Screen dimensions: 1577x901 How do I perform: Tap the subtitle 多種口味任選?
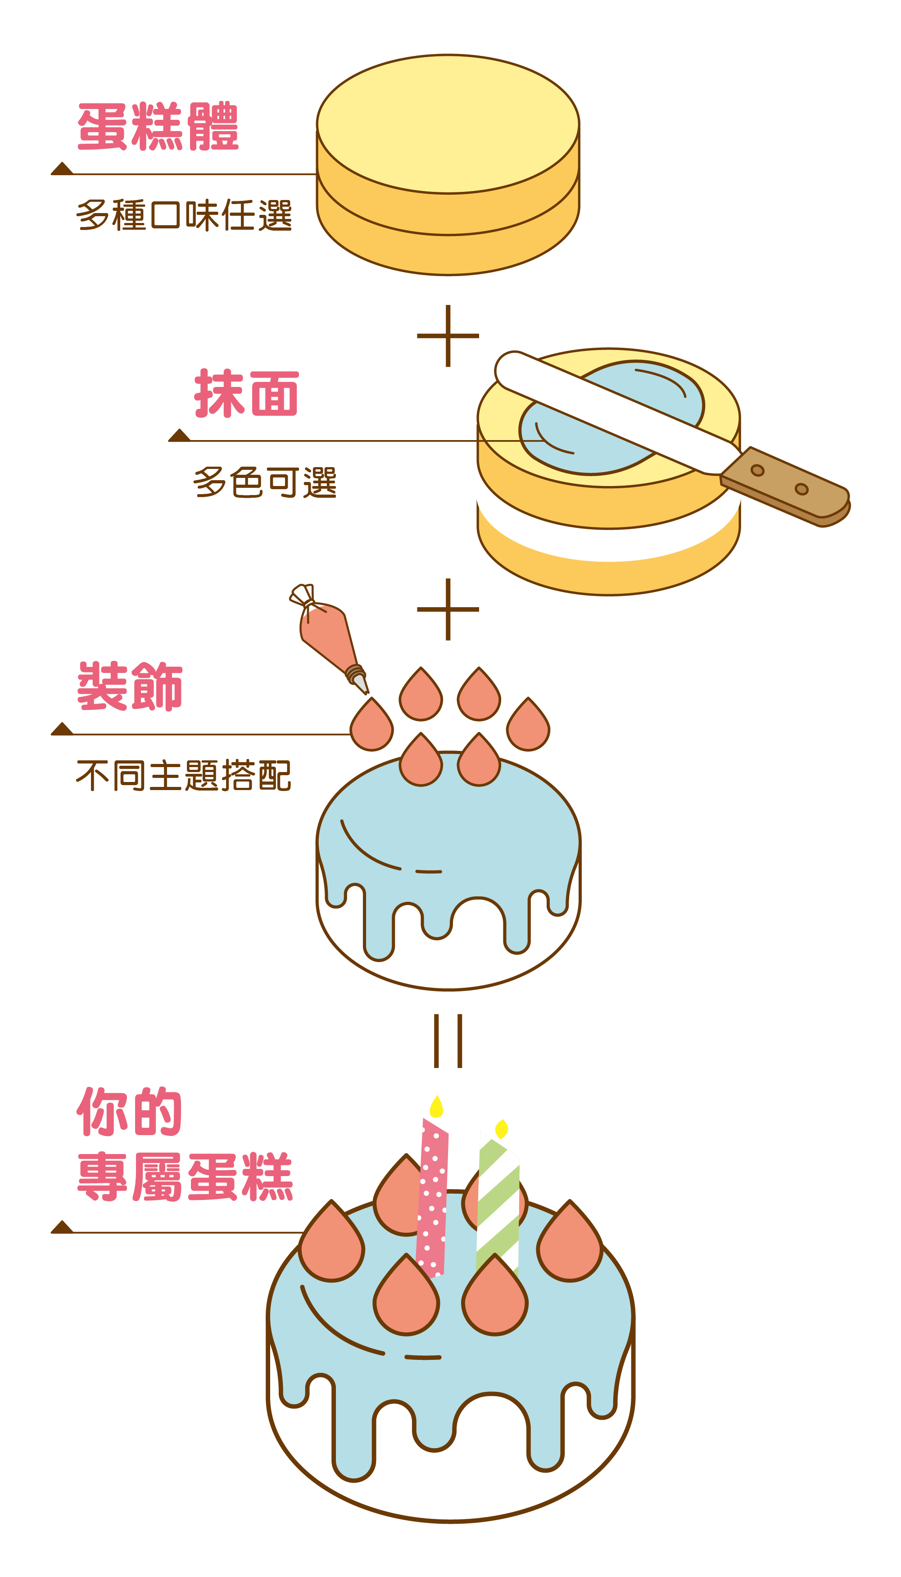pos(184,215)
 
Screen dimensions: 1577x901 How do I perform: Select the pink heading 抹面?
pos(246,394)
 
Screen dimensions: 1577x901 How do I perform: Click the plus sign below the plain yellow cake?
pos(448,336)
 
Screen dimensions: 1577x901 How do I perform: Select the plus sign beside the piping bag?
pos(448,609)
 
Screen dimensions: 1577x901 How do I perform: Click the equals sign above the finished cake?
pos(448,1041)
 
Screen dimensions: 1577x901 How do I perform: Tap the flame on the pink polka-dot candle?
pos(436,1107)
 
